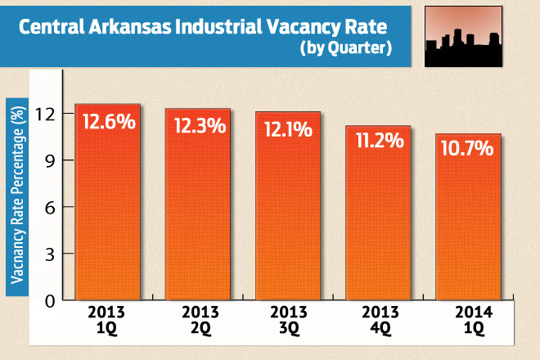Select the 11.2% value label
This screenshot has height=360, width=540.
tap(376, 141)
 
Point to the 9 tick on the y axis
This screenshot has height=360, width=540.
tap(48, 160)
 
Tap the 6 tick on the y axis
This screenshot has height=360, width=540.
tap(48, 207)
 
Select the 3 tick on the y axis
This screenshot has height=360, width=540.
tap(48, 254)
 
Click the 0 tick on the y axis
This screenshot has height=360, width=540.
tap(48, 301)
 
